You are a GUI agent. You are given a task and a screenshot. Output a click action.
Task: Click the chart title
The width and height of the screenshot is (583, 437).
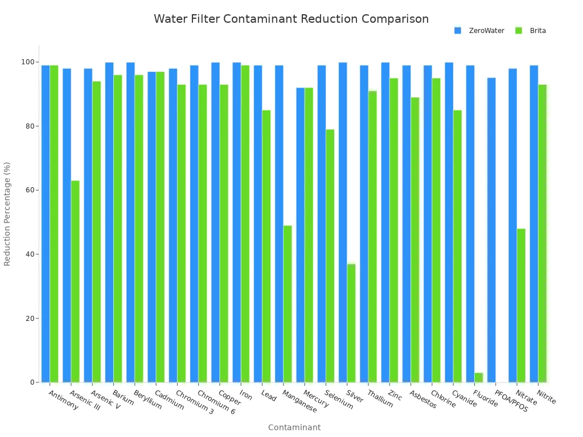[x=291, y=19]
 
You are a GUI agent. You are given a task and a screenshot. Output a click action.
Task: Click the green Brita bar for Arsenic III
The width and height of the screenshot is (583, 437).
[x=75, y=281]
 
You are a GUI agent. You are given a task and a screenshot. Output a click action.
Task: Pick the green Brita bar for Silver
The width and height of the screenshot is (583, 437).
[x=351, y=323]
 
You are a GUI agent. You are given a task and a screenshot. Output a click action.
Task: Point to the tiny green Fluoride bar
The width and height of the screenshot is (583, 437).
[x=479, y=377]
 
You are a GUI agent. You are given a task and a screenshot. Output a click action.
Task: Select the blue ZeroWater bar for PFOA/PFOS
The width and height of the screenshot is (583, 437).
[x=491, y=230]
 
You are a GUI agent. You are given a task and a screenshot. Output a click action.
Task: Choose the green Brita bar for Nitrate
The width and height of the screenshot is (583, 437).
[x=521, y=305]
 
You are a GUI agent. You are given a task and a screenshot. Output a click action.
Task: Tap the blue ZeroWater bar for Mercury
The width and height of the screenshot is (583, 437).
[x=300, y=234]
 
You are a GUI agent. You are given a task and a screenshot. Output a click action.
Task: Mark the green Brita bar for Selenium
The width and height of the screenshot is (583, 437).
[x=330, y=255]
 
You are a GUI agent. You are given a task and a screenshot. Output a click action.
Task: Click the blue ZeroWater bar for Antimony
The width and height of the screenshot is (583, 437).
[x=46, y=224]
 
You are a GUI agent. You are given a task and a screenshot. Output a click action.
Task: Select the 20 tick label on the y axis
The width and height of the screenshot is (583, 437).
[x=30, y=318]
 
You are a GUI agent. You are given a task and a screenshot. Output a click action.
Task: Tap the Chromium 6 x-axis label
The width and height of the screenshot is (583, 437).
[x=216, y=402]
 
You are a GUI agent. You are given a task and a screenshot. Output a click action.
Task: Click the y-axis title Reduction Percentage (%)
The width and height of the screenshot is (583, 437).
[x=7, y=213]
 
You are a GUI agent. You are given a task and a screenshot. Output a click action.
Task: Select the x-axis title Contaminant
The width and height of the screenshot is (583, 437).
[x=294, y=427]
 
